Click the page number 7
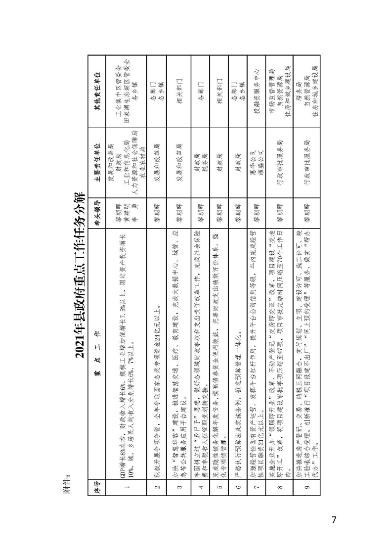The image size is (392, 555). click(334, 520)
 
